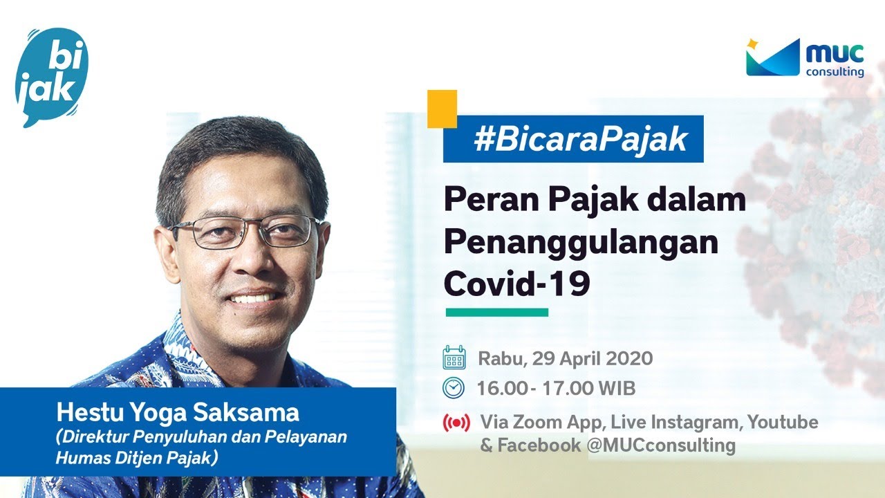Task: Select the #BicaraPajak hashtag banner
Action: [x=572, y=139]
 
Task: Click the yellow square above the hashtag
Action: [x=442, y=109]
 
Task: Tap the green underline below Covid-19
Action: [x=496, y=313]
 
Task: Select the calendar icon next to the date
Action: [x=454, y=359]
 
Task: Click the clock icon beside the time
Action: [x=454, y=388]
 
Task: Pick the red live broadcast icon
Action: [x=456, y=423]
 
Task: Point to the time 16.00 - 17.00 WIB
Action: [x=556, y=389]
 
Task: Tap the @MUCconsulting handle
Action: [x=660, y=445]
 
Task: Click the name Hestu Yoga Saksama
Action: [x=178, y=413]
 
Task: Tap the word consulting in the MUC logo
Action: [x=835, y=71]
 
